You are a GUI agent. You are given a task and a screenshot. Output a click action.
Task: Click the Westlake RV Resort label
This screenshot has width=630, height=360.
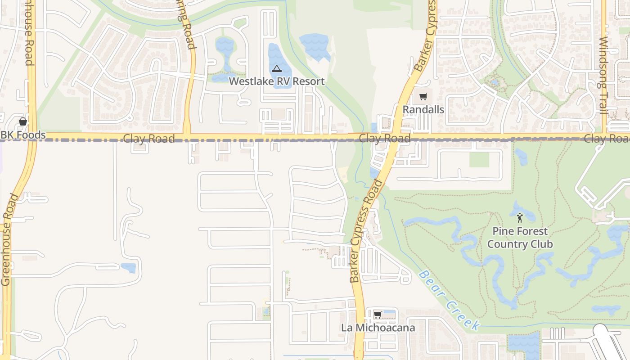(x=276, y=81)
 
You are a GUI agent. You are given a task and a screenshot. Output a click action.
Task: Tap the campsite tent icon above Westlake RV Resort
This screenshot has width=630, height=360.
(x=276, y=69)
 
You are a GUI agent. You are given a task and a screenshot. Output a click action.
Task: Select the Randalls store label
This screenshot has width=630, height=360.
(x=423, y=109)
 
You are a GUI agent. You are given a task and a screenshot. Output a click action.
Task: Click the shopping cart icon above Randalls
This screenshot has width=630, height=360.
(x=423, y=97)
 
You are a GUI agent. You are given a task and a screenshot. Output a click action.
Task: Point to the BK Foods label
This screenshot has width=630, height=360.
(x=23, y=135)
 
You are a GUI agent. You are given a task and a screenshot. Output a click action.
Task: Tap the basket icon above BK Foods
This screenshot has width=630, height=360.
(x=23, y=122)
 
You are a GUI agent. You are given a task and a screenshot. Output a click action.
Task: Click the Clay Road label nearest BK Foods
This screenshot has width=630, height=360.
(x=148, y=139)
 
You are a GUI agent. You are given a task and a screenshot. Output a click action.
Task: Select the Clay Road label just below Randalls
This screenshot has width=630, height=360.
(x=385, y=138)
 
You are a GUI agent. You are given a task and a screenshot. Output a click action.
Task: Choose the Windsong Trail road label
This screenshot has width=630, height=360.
(x=603, y=75)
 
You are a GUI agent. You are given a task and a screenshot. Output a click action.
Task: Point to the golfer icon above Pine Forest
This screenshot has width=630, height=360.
(x=520, y=218)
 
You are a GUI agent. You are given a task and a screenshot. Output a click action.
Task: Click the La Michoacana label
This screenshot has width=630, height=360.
(x=378, y=328)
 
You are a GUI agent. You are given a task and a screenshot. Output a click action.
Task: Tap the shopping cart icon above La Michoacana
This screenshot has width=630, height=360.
(x=378, y=315)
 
